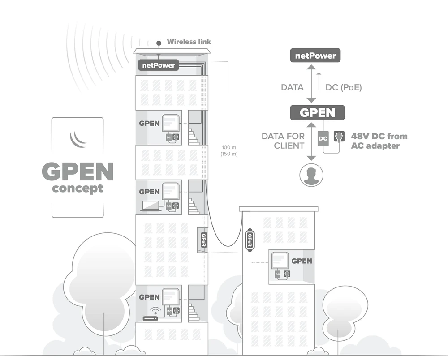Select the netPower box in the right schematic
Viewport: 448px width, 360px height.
pyautogui.click(x=315, y=56)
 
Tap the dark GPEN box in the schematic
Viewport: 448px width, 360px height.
pyautogui.click(x=317, y=112)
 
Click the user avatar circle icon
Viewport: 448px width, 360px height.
pyautogui.click(x=311, y=175)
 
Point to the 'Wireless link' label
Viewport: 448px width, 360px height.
pyautogui.click(x=189, y=42)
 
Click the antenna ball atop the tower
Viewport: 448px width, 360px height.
pyautogui.click(x=159, y=43)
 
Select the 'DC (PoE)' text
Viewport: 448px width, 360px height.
pyautogui.click(x=344, y=87)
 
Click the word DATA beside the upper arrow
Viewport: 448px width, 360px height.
pyautogui.click(x=292, y=87)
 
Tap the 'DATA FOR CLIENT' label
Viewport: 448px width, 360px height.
pyautogui.click(x=283, y=141)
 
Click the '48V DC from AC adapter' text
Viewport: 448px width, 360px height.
pyautogui.click(x=379, y=141)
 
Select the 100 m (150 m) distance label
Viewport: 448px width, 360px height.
pyautogui.click(x=229, y=150)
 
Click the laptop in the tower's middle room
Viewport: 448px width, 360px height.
pyautogui.click(x=151, y=206)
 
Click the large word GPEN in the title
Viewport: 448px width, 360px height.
pyautogui.click(x=78, y=171)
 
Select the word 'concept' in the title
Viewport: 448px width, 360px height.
pyautogui.click(x=78, y=188)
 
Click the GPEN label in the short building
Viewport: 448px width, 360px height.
pyautogui.click(x=302, y=261)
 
